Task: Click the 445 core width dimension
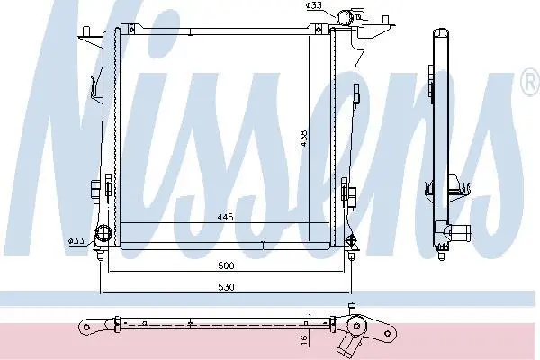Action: tap(226, 217)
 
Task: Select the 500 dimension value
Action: tap(226, 265)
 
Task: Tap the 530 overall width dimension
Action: tap(226, 287)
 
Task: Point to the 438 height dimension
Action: tap(304, 138)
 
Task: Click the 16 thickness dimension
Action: tap(304, 339)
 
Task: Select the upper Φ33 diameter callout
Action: tap(313, 6)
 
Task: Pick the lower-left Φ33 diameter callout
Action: tap(76, 241)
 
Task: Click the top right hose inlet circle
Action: tap(345, 17)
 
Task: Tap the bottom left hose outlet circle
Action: tap(103, 233)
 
